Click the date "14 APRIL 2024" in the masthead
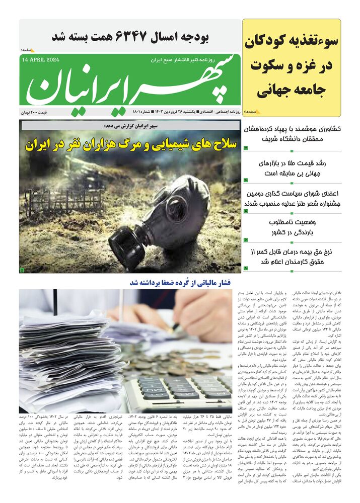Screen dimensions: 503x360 [x=41, y=60]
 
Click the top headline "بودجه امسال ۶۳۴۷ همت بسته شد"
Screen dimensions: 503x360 [x=130, y=37]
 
